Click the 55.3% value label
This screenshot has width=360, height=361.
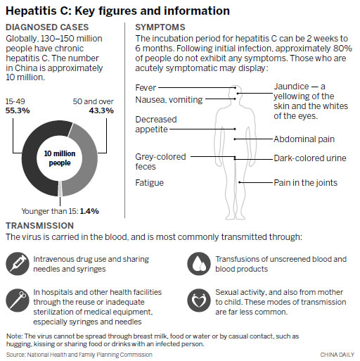point(18,111)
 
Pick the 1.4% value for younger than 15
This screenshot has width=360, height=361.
point(89,210)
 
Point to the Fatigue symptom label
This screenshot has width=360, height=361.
point(149,183)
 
